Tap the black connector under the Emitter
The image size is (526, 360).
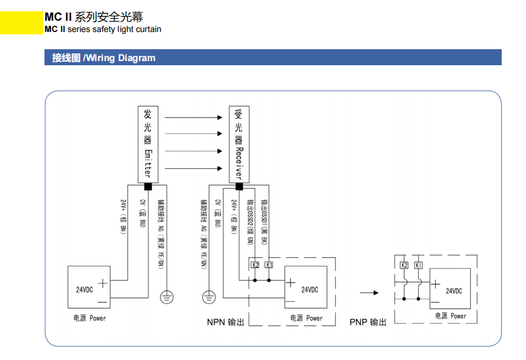coord(148,186)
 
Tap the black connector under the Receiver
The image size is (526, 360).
coord(239,186)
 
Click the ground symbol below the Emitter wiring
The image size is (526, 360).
coord(168,295)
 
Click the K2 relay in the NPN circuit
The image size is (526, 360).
coord(256,265)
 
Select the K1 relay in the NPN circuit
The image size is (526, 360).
coord(269,265)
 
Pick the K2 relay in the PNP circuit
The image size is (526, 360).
coord(404,265)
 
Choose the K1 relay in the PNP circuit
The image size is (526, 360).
coord(418,265)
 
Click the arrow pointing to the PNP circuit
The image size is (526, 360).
coord(369,292)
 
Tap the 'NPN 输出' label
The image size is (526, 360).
coord(225,323)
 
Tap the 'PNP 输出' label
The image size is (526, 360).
coord(368,322)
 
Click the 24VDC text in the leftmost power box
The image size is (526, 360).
coord(84,290)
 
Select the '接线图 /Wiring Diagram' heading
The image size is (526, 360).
coord(104,58)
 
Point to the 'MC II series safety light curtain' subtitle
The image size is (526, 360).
coord(103,29)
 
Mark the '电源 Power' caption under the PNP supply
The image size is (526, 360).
coord(451,316)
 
